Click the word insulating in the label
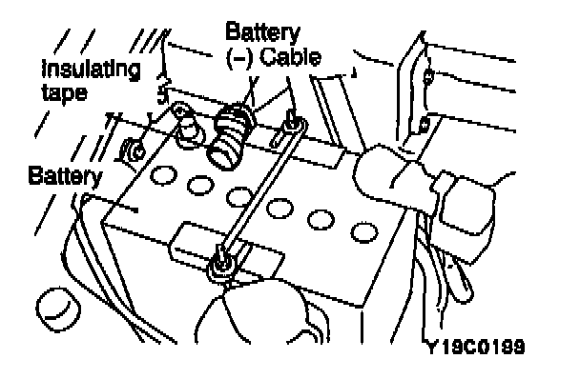pyautogui.click(x=91, y=70)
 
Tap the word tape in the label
pyautogui.click(x=65, y=92)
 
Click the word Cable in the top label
pyautogui.click(x=291, y=58)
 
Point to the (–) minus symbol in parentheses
pyautogui.click(x=239, y=59)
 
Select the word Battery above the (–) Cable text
pyautogui.click(x=262, y=33)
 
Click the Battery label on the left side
pyautogui.click(x=65, y=176)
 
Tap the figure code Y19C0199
pyautogui.click(x=476, y=347)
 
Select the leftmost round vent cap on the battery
pyautogui.click(x=163, y=174)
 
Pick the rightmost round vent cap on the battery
pyautogui.click(x=364, y=232)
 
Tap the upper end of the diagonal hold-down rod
pyautogui.click(x=293, y=123)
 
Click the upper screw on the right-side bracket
pyautogui.click(x=428, y=77)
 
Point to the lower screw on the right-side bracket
pyautogui.click(x=425, y=125)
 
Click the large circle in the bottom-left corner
pyautogui.click(x=58, y=309)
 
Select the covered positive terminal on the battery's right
pyautogui.click(x=392, y=177)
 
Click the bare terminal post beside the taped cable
pyautogui.click(x=190, y=129)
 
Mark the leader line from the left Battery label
pyautogui.click(x=111, y=204)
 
